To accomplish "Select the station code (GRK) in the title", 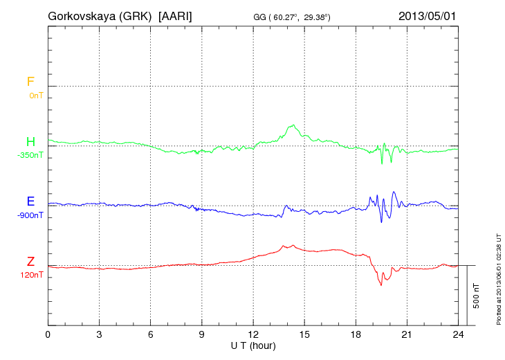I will point(136,15).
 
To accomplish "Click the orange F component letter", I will point(30,82).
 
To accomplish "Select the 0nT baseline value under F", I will point(36,96).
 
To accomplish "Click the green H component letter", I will point(30,142).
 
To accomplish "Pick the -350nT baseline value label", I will point(30,155).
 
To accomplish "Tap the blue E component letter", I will point(30,201).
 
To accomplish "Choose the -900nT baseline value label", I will point(30,215).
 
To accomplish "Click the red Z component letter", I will point(30,262).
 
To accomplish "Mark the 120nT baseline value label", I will point(32,275).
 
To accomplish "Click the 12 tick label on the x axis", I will point(253,334).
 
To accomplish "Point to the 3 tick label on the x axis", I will point(99,334).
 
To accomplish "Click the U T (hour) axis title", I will point(253,344).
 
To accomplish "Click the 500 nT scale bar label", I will point(477,296).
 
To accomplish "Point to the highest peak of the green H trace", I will point(295,125).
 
